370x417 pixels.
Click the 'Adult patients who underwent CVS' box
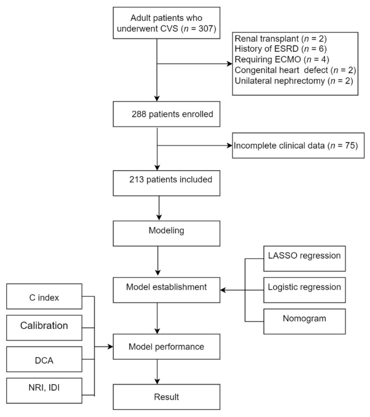point(167,23)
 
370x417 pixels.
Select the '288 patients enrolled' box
point(167,114)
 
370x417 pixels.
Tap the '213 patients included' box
point(167,183)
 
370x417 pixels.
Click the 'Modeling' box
point(167,233)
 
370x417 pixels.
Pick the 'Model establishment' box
point(167,290)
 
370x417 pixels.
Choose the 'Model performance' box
point(167,347)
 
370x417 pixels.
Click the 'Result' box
point(167,397)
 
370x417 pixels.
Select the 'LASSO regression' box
point(305,259)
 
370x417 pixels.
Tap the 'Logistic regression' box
point(305,290)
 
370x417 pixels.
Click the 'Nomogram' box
point(305,321)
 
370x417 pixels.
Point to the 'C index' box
point(44,296)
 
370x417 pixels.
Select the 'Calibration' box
point(44,328)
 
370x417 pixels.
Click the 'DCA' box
point(44,359)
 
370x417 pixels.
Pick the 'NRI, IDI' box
point(44,391)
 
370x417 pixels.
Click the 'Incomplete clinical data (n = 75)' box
point(298,145)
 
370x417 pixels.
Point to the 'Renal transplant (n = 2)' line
point(281,39)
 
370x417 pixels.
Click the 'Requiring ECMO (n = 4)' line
point(282,59)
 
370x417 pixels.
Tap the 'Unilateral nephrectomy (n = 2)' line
point(294,81)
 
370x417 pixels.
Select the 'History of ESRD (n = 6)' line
point(281,49)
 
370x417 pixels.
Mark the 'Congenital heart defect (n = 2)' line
point(295,70)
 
